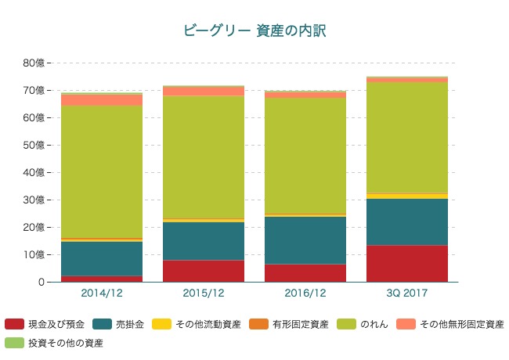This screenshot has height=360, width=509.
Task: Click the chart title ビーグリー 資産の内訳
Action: click(254, 31)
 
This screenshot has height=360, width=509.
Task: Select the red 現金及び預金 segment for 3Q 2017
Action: click(407, 264)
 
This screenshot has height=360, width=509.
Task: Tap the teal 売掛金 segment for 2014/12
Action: click(102, 259)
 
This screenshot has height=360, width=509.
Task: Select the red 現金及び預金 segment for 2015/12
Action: click(204, 271)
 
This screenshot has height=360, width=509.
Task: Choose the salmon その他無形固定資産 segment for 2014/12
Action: click(102, 100)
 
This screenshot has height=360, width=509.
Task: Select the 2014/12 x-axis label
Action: click(102, 293)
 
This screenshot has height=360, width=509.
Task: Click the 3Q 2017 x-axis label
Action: click(407, 293)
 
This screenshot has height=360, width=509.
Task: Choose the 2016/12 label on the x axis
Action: click(305, 293)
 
